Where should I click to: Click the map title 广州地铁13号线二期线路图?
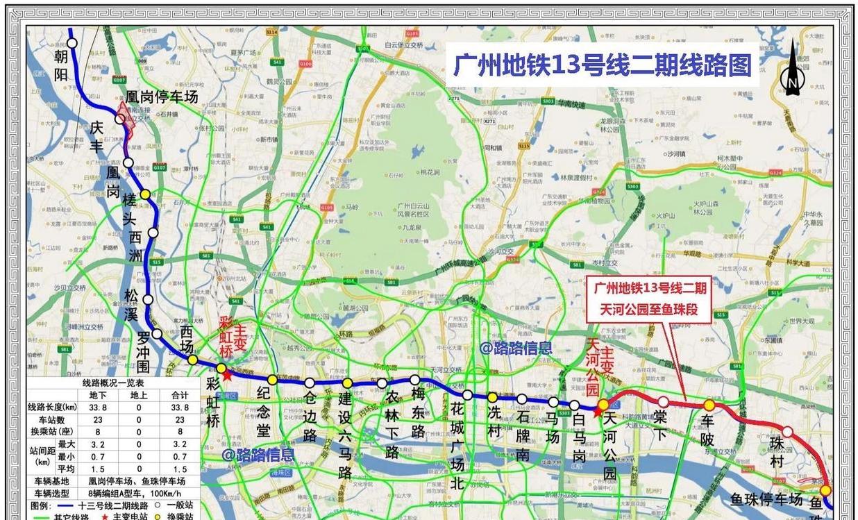click(x=602, y=67)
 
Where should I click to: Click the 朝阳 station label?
click(x=61, y=65)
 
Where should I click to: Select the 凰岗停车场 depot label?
click(x=162, y=97)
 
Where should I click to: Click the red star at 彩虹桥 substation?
click(x=227, y=374)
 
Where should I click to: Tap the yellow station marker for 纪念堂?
click(x=272, y=380)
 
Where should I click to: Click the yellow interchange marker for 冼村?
click(x=492, y=397)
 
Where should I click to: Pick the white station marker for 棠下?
click(x=663, y=401)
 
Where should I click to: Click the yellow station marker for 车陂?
click(x=709, y=405)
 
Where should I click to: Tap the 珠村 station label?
click(x=777, y=452)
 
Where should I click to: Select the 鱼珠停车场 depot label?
click(x=766, y=498)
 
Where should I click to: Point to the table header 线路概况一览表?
click(x=113, y=383)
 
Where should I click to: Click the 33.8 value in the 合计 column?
click(x=179, y=407)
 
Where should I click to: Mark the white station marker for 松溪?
click(x=148, y=299)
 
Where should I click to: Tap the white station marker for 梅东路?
click(x=414, y=380)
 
